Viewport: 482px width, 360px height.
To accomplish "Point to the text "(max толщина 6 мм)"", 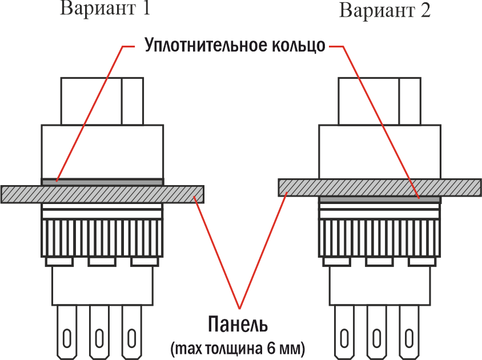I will pos(237,346).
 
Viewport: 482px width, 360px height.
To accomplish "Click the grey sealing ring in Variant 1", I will pos(102,182).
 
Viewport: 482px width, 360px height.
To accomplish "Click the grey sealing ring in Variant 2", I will pos(380,199).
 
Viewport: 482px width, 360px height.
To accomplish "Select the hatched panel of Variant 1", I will pos(103,193).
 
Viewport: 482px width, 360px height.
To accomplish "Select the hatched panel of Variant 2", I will pos(380,187).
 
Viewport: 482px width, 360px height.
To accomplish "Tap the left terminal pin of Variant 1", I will pos(67,331).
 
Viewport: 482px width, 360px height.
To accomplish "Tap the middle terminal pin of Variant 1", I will pos(100,331).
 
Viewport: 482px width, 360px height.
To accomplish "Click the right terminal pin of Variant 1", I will pos(132,331).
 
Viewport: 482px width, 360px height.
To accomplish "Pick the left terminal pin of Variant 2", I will pos(344,331).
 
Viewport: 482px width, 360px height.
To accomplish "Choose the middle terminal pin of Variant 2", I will pos(377,331).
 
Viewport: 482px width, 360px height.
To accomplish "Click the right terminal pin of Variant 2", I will pos(409,331).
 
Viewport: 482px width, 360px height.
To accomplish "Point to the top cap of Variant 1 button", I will pos(102,101).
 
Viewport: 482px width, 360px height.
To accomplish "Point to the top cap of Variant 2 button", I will pos(380,101).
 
